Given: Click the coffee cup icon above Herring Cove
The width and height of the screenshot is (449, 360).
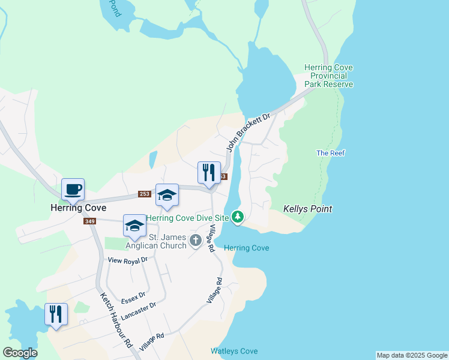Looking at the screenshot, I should (x=73, y=190).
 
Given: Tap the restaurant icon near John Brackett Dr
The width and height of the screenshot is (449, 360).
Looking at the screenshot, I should (x=207, y=173).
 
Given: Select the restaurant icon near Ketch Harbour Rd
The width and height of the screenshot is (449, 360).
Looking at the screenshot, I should (x=56, y=314).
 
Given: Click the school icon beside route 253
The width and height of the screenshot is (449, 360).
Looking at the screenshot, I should (x=167, y=196).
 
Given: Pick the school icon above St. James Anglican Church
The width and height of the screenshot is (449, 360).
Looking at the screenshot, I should (x=135, y=226).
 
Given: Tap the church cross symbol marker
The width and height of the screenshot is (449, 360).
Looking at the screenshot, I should (x=195, y=241).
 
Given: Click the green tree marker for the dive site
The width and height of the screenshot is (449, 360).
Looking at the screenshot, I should (x=238, y=217).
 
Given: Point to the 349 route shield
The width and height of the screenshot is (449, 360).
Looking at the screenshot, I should (x=89, y=221).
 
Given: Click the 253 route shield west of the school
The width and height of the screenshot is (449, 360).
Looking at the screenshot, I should (x=144, y=194).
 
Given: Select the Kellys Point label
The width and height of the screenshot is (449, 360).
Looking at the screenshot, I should (x=308, y=209).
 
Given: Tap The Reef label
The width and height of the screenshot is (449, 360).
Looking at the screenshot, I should (x=330, y=153).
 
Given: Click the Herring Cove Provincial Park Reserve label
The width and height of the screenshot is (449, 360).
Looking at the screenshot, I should (x=329, y=76).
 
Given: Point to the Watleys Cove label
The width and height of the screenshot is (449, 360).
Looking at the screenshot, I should (x=234, y=351).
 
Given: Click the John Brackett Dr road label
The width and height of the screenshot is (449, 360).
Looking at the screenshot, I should (x=249, y=131).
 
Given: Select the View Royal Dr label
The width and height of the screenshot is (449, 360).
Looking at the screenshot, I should (x=127, y=260).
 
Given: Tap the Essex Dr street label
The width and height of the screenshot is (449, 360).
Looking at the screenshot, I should (x=133, y=298).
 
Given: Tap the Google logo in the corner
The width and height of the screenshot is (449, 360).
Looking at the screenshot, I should (x=20, y=353).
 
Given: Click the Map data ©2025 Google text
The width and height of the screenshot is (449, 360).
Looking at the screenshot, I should (x=412, y=355).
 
